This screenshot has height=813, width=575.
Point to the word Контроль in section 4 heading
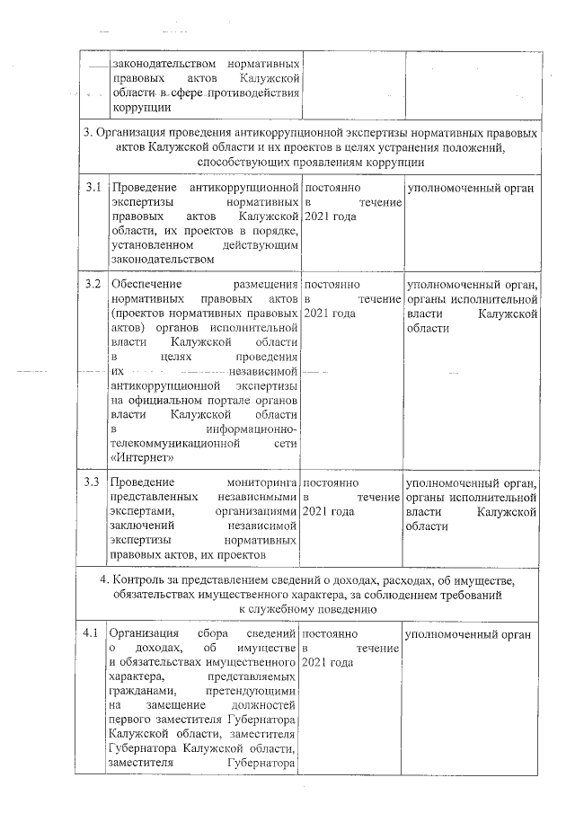coord(142,579)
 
